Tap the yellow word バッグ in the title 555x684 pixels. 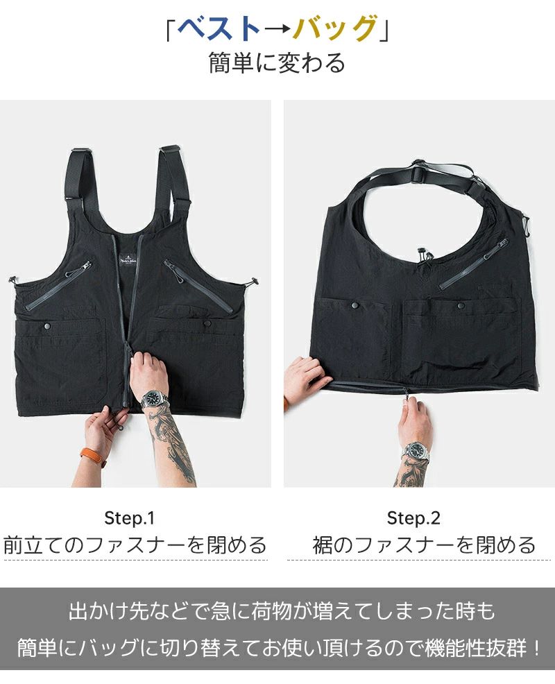(x=334, y=29)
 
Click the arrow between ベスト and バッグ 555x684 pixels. (x=277, y=30)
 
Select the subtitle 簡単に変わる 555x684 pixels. (x=277, y=63)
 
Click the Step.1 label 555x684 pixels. (x=130, y=518)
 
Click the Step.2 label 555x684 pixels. (x=413, y=518)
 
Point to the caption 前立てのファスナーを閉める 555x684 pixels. (x=135, y=545)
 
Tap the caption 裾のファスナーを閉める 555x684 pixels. (x=424, y=545)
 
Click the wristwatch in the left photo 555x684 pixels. (x=154, y=399)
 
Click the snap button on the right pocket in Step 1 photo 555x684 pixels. (x=207, y=324)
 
